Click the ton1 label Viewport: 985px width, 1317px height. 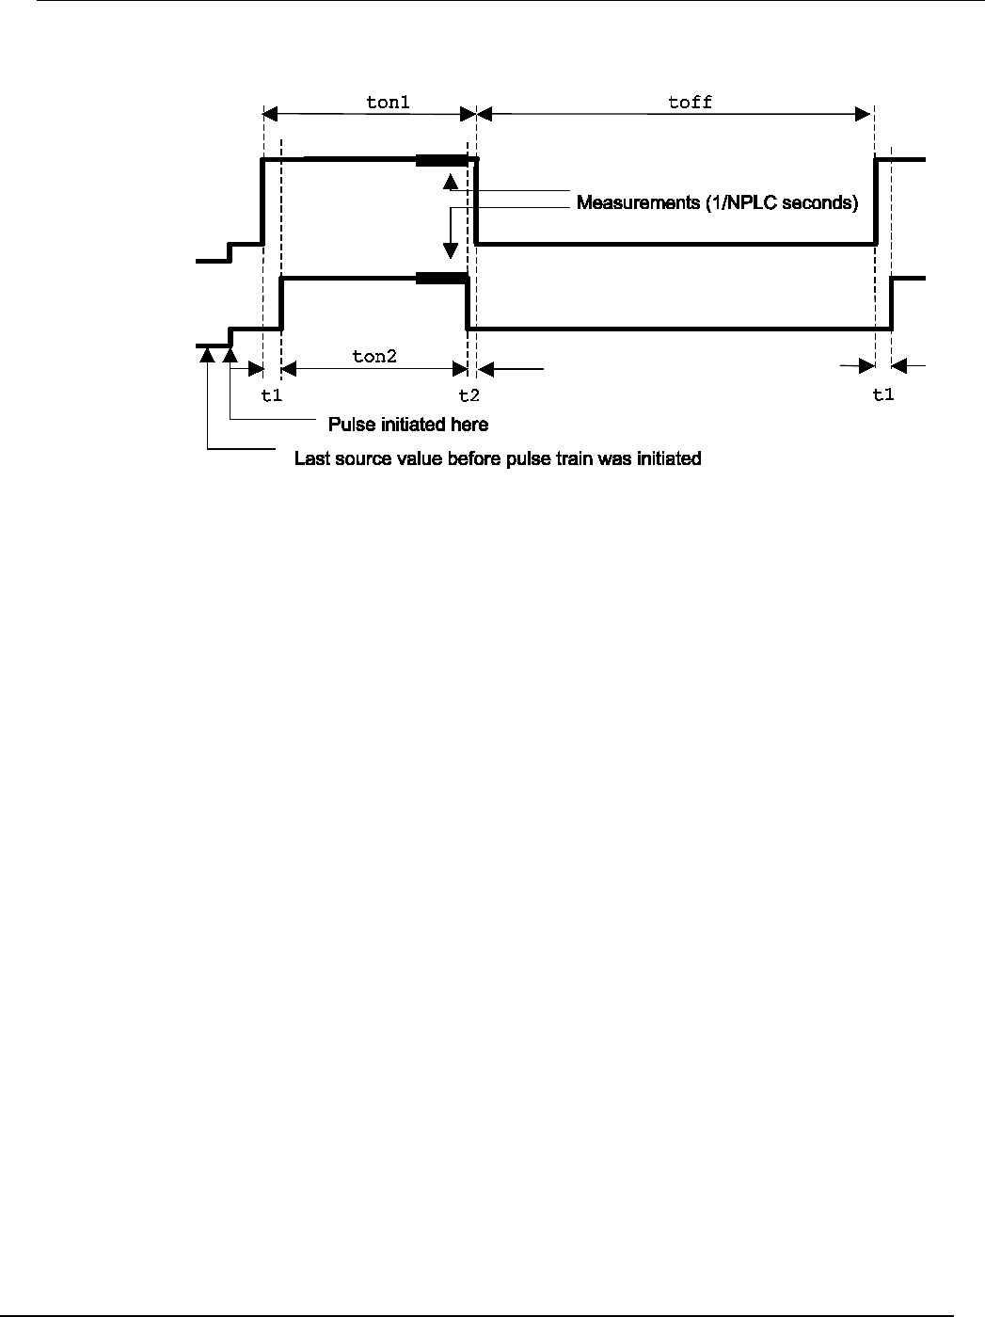[388, 102]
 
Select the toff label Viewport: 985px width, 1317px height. [690, 102]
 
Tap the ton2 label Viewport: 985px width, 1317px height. [374, 356]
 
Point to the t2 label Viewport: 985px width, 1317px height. [469, 394]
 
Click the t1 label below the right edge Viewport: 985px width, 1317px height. [882, 394]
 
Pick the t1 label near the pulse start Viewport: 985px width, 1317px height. [271, 394]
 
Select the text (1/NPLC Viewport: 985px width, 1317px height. [740, 203]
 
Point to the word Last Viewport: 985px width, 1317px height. [311, 459]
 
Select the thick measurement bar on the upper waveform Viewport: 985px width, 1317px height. [441, 161]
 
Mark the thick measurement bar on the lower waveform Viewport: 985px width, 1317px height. [441, 278]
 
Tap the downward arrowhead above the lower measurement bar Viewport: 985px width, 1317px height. [451, 251]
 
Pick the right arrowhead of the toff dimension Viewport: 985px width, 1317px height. [865, 114]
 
